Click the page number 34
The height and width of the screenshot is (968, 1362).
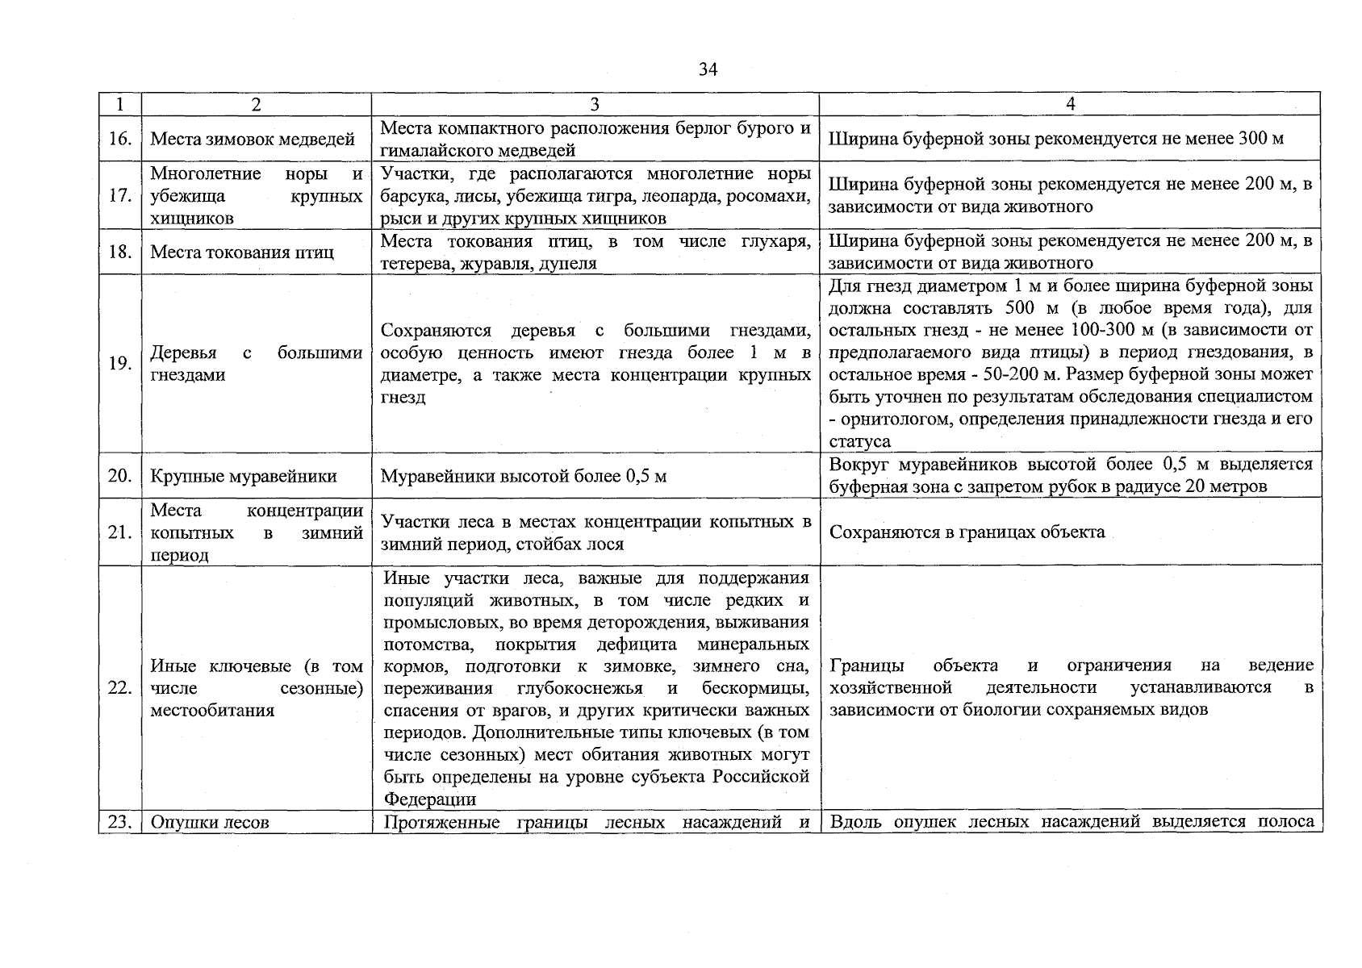pos(708,70)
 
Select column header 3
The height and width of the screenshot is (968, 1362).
pos(595,104)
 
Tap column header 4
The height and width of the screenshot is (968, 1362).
pos(1070,104)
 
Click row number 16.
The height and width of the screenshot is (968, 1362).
pos(119,139)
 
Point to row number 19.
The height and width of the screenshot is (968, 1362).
pos(119,363)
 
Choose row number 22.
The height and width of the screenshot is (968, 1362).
pos(119,688)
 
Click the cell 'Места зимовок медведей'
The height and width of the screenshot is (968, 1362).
pos(253,139)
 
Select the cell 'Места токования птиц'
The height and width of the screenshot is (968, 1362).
pos(242,252)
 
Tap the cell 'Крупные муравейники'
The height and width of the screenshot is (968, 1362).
pos(244,476)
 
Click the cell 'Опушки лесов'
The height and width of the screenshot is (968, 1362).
pos(210,823)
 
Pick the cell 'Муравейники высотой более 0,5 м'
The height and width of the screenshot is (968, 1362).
pos(524,476)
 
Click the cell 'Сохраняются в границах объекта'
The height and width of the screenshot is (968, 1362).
pos(967,532)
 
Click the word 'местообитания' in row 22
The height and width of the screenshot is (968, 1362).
pos(212,711)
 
